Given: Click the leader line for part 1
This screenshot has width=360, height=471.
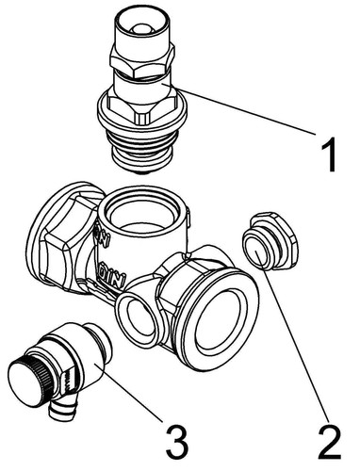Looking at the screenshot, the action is click(x=239, y=109).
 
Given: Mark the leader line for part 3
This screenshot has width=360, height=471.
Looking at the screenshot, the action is click(x=129, y=393).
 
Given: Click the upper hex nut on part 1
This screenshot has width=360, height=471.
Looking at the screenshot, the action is click(x=141, y=62).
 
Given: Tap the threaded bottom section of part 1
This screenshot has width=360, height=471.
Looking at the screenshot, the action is click(x=143, y=148).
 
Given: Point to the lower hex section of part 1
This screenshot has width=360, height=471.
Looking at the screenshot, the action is click(x=142, y=106).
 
